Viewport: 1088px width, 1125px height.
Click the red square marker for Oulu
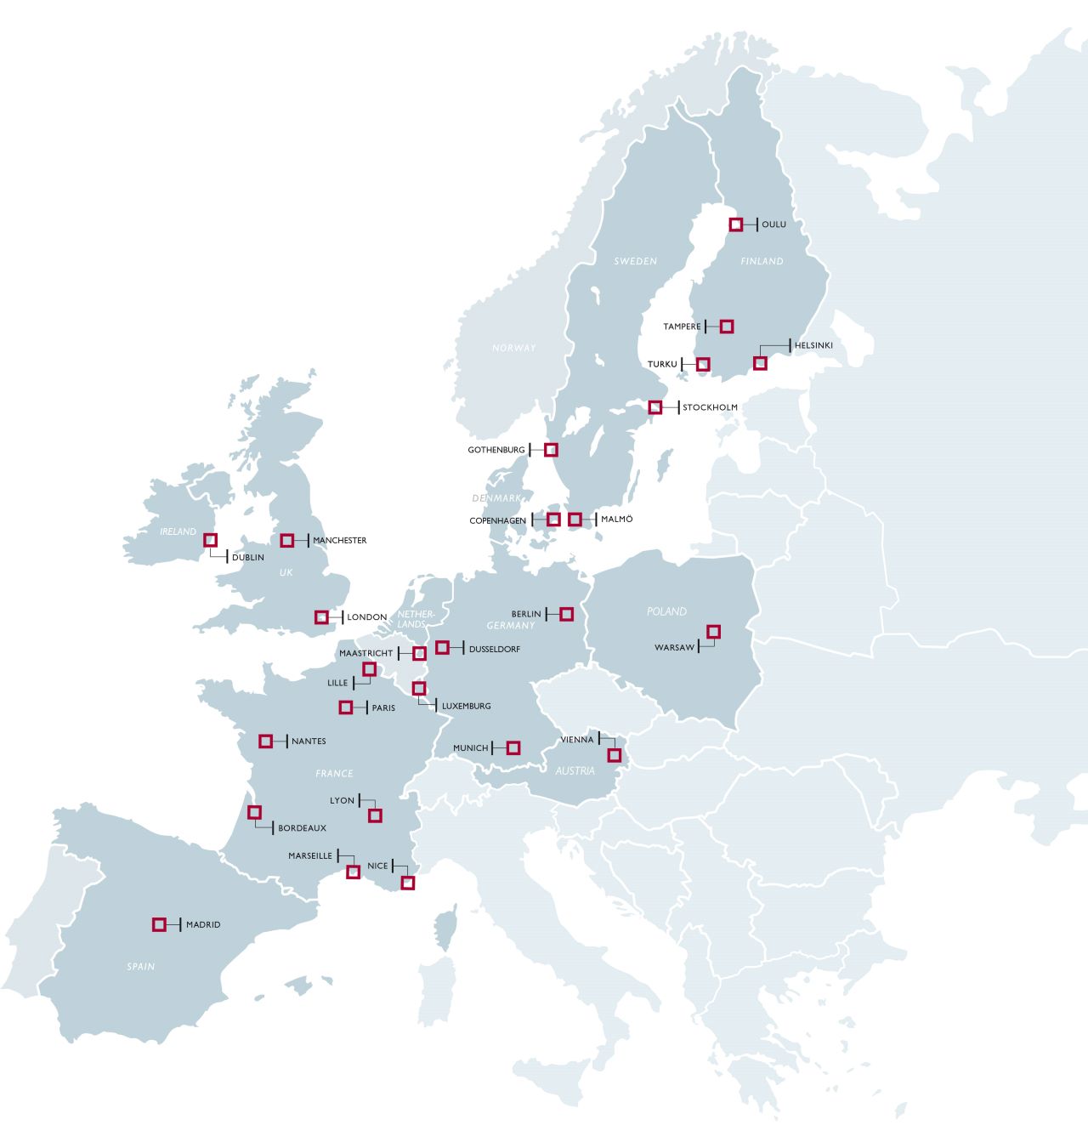736,224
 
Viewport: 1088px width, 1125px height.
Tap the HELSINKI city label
813,345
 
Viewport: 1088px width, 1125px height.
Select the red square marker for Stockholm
655,407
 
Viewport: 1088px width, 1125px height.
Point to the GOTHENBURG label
496,450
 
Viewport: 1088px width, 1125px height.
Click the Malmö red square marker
575,519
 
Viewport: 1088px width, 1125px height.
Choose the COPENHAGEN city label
498,520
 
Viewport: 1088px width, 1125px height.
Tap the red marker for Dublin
211,540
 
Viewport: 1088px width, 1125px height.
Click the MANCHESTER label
340,541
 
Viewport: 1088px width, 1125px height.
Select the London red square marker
321,617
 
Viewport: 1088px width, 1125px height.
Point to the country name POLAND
666,611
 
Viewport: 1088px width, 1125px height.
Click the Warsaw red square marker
713,631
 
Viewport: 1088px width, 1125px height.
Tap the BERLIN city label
526,614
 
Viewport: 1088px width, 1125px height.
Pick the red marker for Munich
513,748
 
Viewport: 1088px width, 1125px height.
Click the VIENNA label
577,740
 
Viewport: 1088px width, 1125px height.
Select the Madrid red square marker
159,924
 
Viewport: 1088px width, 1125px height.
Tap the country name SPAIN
141,967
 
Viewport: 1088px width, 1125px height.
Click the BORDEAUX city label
303,828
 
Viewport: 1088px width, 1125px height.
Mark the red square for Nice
407,883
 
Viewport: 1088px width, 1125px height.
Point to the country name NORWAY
514,348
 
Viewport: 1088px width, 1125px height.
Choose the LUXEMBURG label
467,707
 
